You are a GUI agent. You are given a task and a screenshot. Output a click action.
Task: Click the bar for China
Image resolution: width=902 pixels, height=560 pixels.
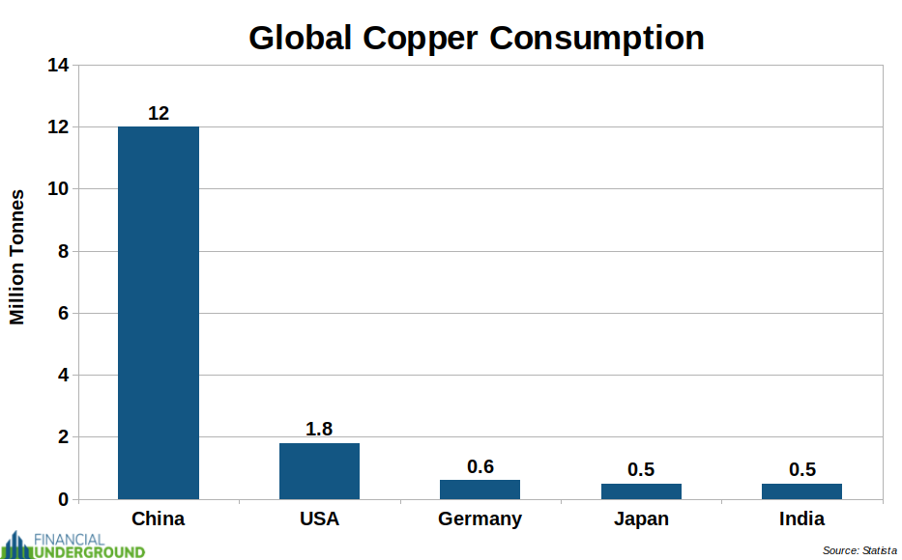(x=159, y=312)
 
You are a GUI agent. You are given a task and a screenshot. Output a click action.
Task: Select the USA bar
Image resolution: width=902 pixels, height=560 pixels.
(x=319, y=470)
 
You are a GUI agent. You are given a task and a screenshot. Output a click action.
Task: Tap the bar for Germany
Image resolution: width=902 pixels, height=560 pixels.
(x=480, y=490)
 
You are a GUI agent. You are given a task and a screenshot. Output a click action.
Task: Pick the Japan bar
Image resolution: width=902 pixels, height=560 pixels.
(x=641, y=490)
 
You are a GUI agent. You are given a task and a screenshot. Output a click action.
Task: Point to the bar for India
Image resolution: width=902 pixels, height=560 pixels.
(x=801, y=490)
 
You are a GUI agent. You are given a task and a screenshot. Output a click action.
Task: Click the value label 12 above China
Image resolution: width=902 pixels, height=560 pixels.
(x=159, y=114)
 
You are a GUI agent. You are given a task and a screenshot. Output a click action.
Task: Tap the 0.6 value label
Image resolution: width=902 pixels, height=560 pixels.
(x=480, y=467)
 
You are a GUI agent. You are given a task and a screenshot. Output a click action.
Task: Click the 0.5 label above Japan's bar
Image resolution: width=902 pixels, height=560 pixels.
(x=641, y=470)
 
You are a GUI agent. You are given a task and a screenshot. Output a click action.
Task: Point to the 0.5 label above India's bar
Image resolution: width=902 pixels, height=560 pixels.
(x=801, y=470)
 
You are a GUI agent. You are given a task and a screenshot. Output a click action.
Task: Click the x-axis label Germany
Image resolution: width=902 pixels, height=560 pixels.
(x=480, y=518)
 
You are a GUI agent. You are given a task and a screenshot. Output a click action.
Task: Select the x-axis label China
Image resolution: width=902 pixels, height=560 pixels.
(x=159, y=518)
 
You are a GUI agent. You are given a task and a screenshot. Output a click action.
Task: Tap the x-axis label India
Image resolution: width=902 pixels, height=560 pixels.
(x=801, y=518)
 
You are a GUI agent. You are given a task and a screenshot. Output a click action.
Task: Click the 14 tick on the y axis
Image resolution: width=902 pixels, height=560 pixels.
(x=58, y=66)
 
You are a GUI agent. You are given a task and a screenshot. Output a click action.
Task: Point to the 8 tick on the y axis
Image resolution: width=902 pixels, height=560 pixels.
(x=63, y=251)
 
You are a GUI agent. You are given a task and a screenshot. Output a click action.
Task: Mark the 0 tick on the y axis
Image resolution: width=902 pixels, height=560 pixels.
(x=63, y=499)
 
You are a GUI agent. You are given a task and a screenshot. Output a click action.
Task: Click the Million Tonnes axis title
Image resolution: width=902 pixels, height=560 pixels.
(x=17, y=257)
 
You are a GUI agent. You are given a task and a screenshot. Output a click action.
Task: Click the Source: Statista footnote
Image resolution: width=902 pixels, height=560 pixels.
(x=858, y=550)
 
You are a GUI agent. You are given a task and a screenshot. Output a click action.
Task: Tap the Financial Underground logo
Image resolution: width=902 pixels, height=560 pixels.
(x=73, y=545)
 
